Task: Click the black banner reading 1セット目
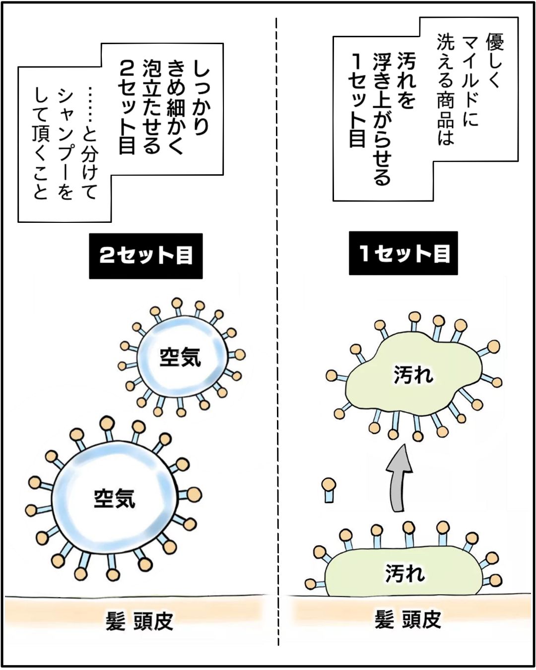coord(403,253)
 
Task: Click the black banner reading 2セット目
coord(146,256)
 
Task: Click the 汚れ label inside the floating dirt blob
coord(413,375)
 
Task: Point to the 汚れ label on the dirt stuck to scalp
coord(405,573)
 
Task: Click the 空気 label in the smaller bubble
coord(180,357)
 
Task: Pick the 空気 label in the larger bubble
coord(115,498)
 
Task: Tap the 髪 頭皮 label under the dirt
coord(407,620)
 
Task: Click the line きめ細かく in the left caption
coord(176,106)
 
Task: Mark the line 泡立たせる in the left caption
coord(152,106)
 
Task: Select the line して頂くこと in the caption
coord(41,144)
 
